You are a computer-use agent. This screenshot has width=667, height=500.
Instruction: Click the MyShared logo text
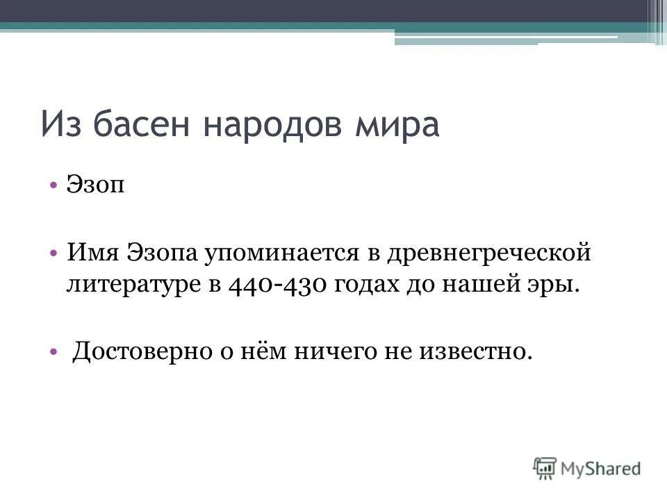(602, 468)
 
